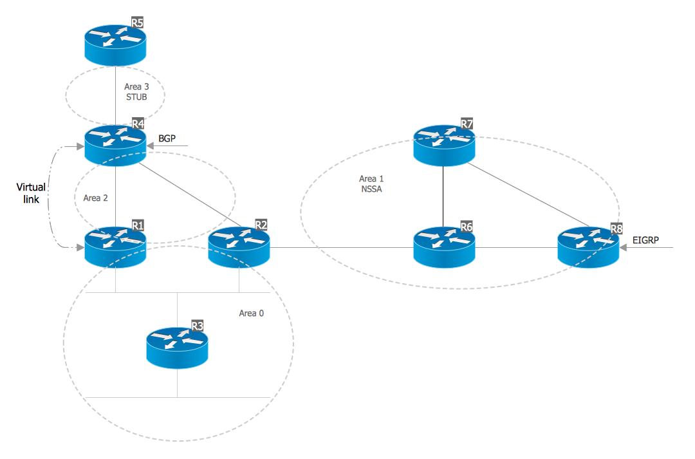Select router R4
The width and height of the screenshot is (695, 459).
115,143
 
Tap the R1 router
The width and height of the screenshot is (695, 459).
115,246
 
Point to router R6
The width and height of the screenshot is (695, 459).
444,246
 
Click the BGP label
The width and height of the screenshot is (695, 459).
167,138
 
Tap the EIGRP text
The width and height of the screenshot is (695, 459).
645,239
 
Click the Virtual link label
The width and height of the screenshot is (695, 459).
31,193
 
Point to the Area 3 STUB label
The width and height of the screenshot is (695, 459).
136,92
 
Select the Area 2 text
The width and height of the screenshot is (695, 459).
96,198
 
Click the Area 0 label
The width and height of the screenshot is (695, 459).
251,314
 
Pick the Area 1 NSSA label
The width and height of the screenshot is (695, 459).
371,183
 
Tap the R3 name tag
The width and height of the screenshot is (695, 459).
197,326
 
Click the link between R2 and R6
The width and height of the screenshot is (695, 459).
341,247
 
